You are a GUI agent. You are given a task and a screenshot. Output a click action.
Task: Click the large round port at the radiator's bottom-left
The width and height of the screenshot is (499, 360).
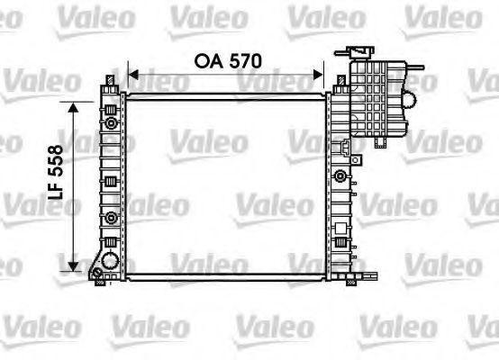(111, 262)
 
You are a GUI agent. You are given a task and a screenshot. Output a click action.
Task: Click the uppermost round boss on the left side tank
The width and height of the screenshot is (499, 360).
(110, 121)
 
